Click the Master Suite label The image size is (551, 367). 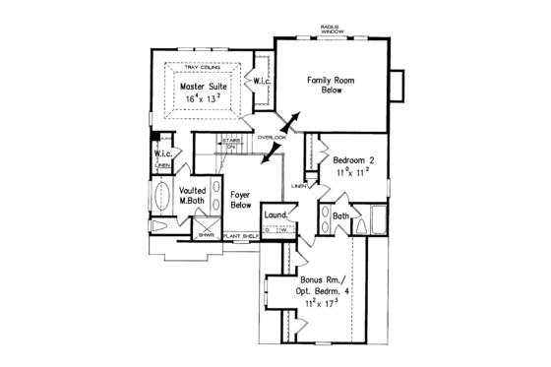point(204,86)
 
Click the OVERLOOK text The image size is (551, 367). point(272,138)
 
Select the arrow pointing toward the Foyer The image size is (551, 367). point(260,151)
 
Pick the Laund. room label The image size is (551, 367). point(275,214)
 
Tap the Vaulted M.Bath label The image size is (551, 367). point(192,195)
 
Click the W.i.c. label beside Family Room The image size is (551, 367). point(261,81)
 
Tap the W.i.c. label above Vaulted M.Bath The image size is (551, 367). point(163,153)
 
